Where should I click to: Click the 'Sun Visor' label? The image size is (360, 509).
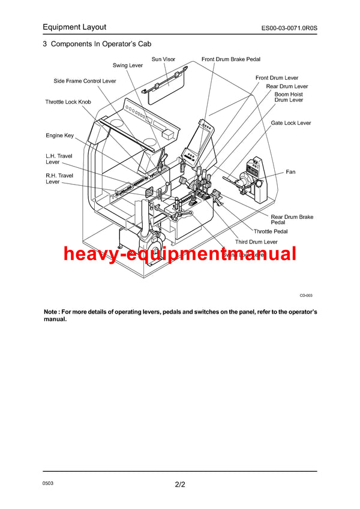tap(163, 59)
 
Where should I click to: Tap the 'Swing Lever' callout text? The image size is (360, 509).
tap(128, 65)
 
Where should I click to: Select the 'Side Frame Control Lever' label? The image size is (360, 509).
tap(85, 81)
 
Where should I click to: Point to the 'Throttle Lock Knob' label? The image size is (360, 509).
tap(68, 102)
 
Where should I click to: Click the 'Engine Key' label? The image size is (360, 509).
tap(59, 135)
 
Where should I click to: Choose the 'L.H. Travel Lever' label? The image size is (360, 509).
tap(59, 159)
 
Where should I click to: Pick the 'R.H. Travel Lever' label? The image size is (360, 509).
tap(59, 179)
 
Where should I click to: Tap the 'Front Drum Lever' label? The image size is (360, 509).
tap(277, 78)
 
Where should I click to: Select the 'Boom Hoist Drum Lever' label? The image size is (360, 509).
tap(289, 97)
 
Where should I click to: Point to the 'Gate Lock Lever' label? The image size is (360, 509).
tap(290, 123)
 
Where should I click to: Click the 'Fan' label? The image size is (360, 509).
tap(290, 172)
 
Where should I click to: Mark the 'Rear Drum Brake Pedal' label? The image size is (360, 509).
tap(292, 220)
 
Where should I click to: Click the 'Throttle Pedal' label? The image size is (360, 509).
tap(270, 231)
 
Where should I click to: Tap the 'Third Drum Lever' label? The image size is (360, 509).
tap(256, 242)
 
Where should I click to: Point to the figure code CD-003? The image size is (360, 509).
tap(306, 296)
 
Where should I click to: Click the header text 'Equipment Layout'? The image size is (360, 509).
tap(74, 27)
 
